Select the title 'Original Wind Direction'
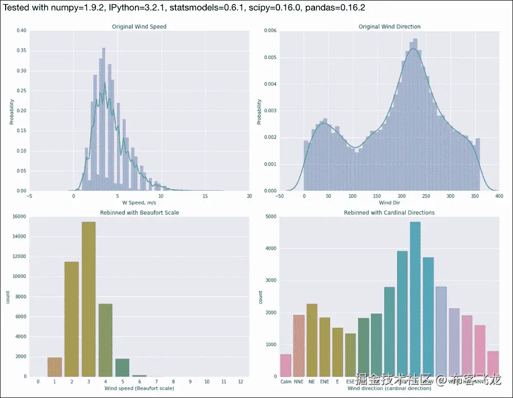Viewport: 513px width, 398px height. point(389,26)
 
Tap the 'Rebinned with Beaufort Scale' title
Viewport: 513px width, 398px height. point(139,212)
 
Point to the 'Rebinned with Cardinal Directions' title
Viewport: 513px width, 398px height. point(389,212)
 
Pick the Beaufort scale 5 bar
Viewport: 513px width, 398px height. point(122,367)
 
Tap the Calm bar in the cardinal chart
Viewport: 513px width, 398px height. point(286,365)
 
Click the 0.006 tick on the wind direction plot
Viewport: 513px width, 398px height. point(270,31)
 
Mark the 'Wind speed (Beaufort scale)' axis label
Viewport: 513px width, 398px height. point(139,388)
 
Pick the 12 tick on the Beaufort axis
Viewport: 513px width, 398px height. point(240,382)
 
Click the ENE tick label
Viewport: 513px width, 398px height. point(324,382)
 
